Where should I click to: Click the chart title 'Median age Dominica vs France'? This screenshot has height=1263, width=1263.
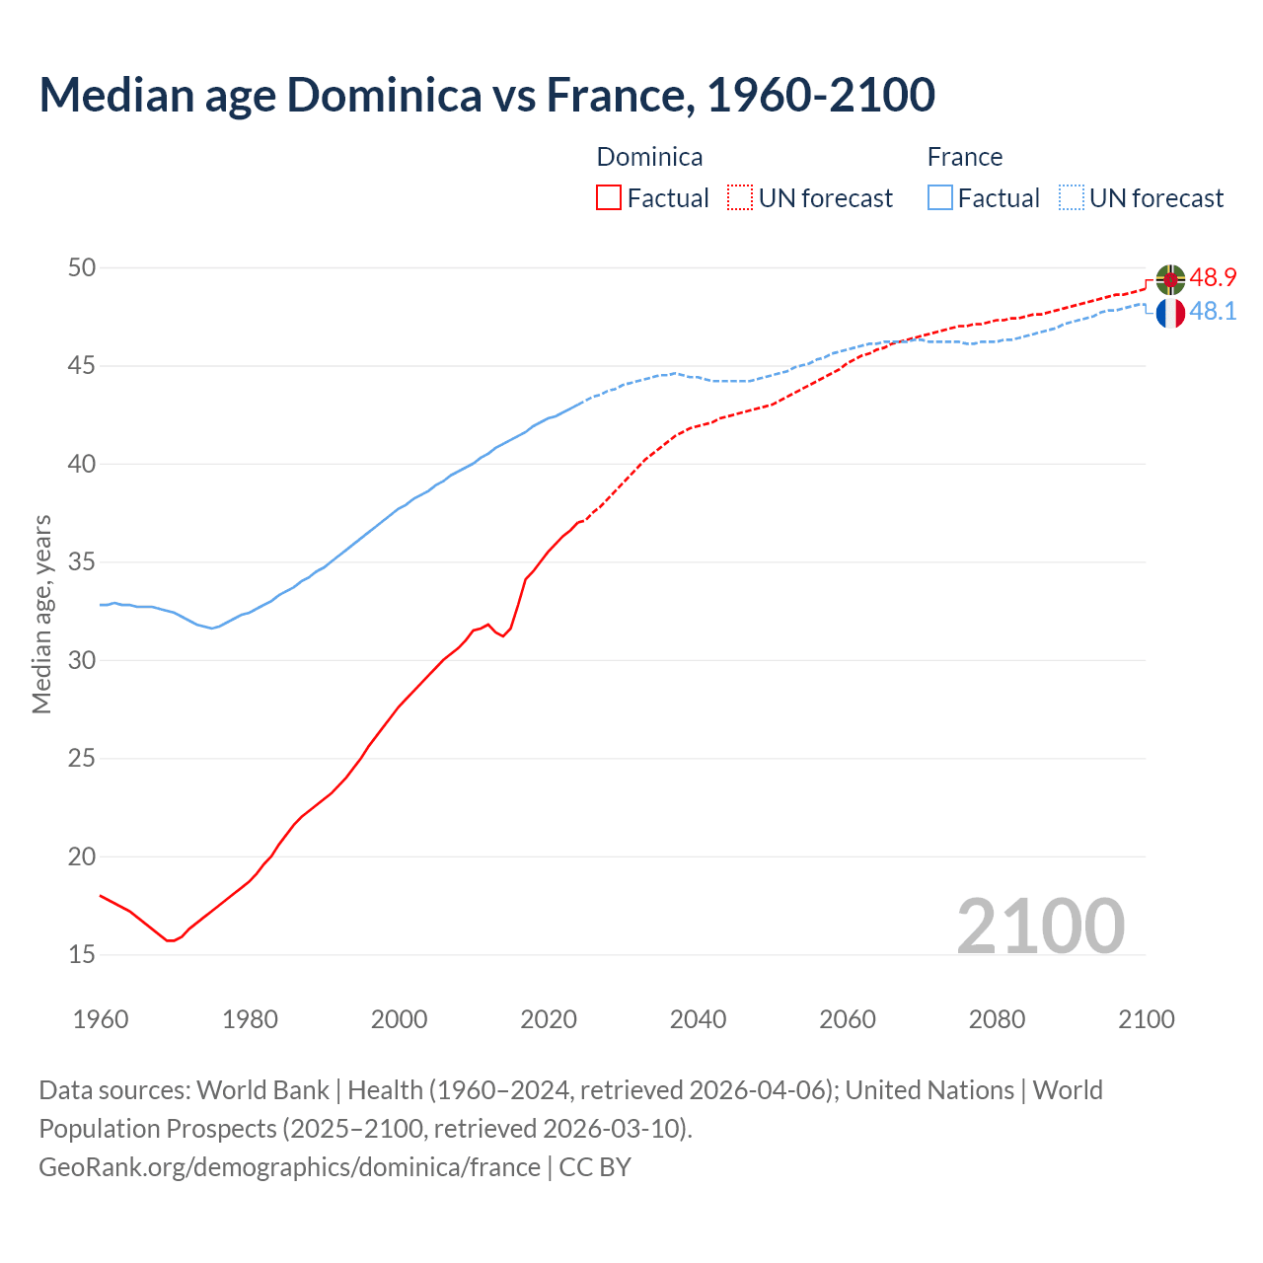coord(486,95)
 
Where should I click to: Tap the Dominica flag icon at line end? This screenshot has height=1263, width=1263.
coord(1170,280)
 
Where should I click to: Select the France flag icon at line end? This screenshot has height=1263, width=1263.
coord(1170,313)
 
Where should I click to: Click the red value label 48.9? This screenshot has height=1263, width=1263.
coord(1213,277)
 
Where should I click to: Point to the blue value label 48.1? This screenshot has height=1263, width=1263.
coord(1213,311)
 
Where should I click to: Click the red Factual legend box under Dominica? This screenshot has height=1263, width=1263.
coord(609,198)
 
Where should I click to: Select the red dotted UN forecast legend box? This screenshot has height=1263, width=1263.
coord(740,198)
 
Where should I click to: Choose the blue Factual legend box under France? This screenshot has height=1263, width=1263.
coord(940,198)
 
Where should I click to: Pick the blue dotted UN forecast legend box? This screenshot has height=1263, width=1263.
coord(1072,198)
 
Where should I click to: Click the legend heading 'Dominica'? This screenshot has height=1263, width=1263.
coord(649,157)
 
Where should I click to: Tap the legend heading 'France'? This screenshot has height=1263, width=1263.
coord(964,157)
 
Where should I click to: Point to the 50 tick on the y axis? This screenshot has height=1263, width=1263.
coord(82,267)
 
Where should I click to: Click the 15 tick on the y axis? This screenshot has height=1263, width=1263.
coord(82,954)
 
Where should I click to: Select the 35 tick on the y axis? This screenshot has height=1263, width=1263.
coord(82,562)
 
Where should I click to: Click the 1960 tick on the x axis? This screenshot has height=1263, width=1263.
coord(101,1019)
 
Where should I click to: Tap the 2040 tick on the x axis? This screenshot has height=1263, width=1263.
coord(698,1019)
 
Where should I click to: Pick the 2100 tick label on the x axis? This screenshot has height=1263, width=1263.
coord(1146,1019)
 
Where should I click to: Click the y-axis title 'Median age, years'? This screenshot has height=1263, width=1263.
coord(41,614)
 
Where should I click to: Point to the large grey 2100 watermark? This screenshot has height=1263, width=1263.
coord(1040,926)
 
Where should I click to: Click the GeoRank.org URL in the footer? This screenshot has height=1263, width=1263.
coord(289,1167)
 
